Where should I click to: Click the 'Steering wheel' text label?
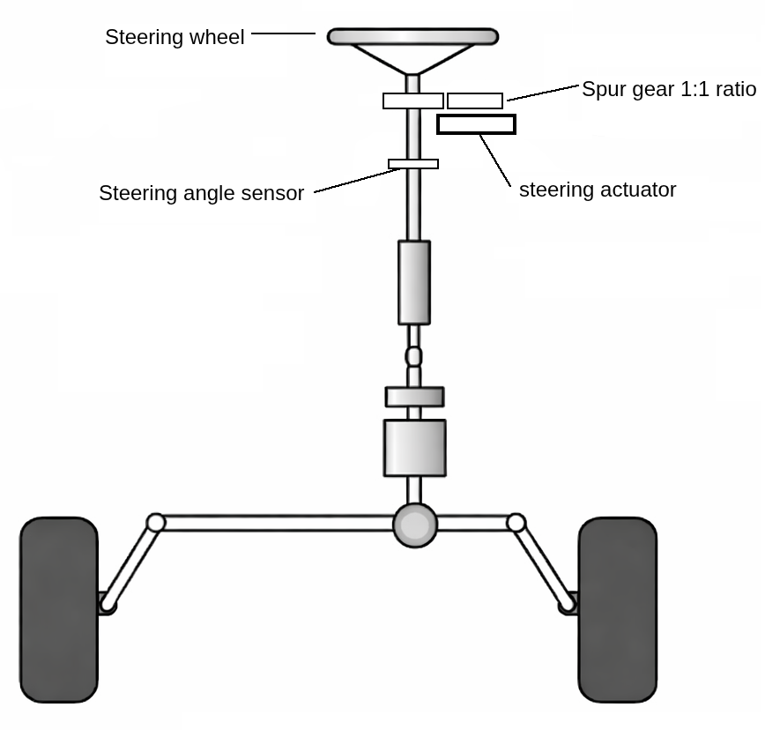point(175,37)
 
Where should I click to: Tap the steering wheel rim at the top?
point(412,37)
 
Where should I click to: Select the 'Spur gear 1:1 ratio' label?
point(669,89)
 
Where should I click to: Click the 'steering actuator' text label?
point(598,190)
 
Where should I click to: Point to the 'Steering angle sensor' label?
point(201,193)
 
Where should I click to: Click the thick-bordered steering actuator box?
point(476,124)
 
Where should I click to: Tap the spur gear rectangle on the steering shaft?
point(412,101)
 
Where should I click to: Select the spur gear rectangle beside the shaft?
point(475,101)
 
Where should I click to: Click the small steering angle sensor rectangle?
point(413,164)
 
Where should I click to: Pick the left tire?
point(59,609)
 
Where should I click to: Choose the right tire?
point(617,609)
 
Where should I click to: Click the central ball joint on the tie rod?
point(414,525)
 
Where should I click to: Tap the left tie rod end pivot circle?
point(156,523)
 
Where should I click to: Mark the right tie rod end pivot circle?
point(516,523)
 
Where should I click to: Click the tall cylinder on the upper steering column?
point(414,282)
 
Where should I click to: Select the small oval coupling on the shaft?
point(413,356)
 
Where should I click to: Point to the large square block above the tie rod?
point(414,448)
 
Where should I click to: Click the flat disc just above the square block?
point(414,397)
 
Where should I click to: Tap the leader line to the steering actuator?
point(495,160)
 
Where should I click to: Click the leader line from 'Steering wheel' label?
point(283,34)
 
